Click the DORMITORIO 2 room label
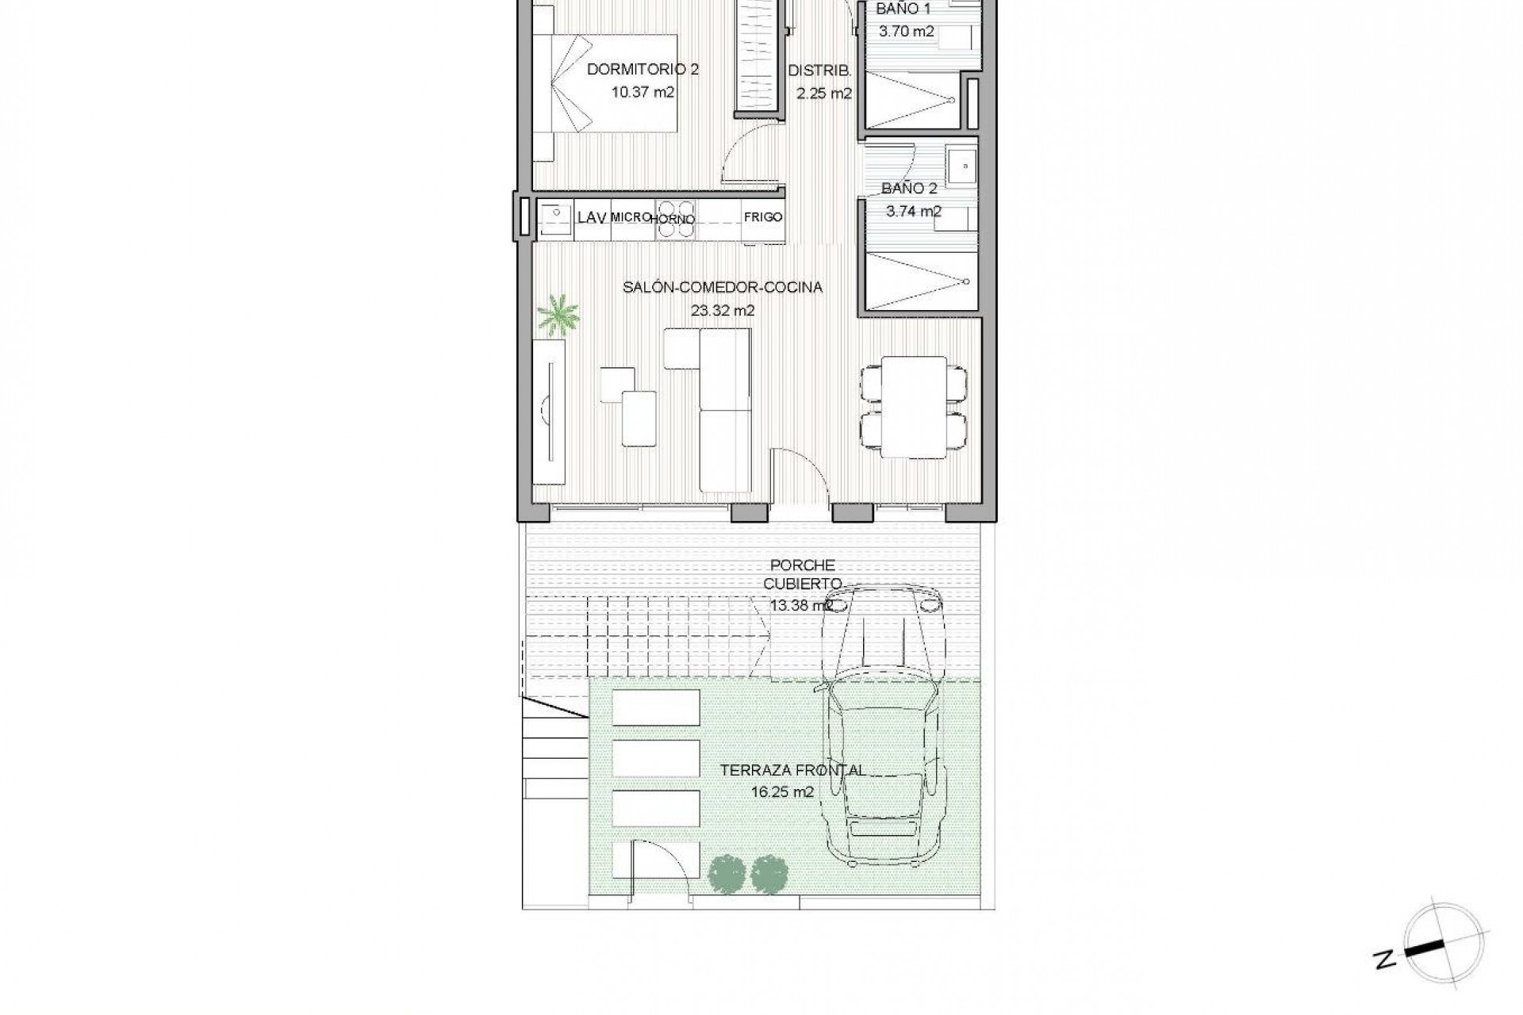(643, 70)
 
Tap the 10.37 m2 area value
(643, 92)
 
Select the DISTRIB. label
(819, 71)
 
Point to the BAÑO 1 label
(903, 10)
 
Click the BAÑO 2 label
(909, 189)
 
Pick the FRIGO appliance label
(763, 216)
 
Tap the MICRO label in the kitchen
(631, 216)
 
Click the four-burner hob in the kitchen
(674, 220)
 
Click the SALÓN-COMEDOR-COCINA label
(722, 287)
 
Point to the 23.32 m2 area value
(722, 310)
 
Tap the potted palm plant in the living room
(558, 315)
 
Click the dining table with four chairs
(914, 407)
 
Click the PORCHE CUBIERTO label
(803, 574)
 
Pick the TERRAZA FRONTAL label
(792, 770)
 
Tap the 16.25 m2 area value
(782, 791)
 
